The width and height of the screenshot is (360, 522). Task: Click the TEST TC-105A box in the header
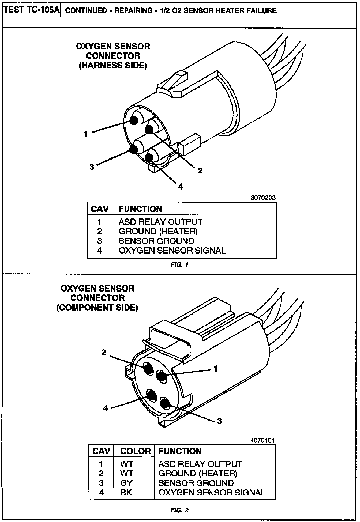(x=32, y=10)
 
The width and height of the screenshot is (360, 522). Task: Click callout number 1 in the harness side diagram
(x=85, y=134)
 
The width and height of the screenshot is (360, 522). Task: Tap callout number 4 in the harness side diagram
(x=181, y=187)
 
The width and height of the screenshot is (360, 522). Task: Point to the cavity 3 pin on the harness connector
(x=134, y=150)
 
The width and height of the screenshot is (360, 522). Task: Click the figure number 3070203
(x=263, y=198)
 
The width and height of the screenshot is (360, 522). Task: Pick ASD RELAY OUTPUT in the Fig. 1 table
(x=160, y=222)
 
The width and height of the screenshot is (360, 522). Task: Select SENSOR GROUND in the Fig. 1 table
(x=156, y=241)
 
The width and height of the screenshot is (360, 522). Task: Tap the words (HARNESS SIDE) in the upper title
(x=113, y=66)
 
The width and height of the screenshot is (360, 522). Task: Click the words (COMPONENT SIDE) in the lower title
(x=97, y=308)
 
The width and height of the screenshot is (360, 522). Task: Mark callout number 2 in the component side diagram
(x=104, y=353)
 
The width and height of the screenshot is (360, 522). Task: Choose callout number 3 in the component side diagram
(x=219, y=421)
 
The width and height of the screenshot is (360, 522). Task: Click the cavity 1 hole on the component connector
(x=161, y=377)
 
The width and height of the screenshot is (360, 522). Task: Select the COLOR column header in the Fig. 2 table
(x=136, y=451)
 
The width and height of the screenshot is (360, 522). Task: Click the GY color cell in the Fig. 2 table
(x=126, y=483)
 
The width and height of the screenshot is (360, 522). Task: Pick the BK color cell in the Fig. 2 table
(x=126, y=493)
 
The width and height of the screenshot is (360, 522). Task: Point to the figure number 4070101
(x=262, y=440)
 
